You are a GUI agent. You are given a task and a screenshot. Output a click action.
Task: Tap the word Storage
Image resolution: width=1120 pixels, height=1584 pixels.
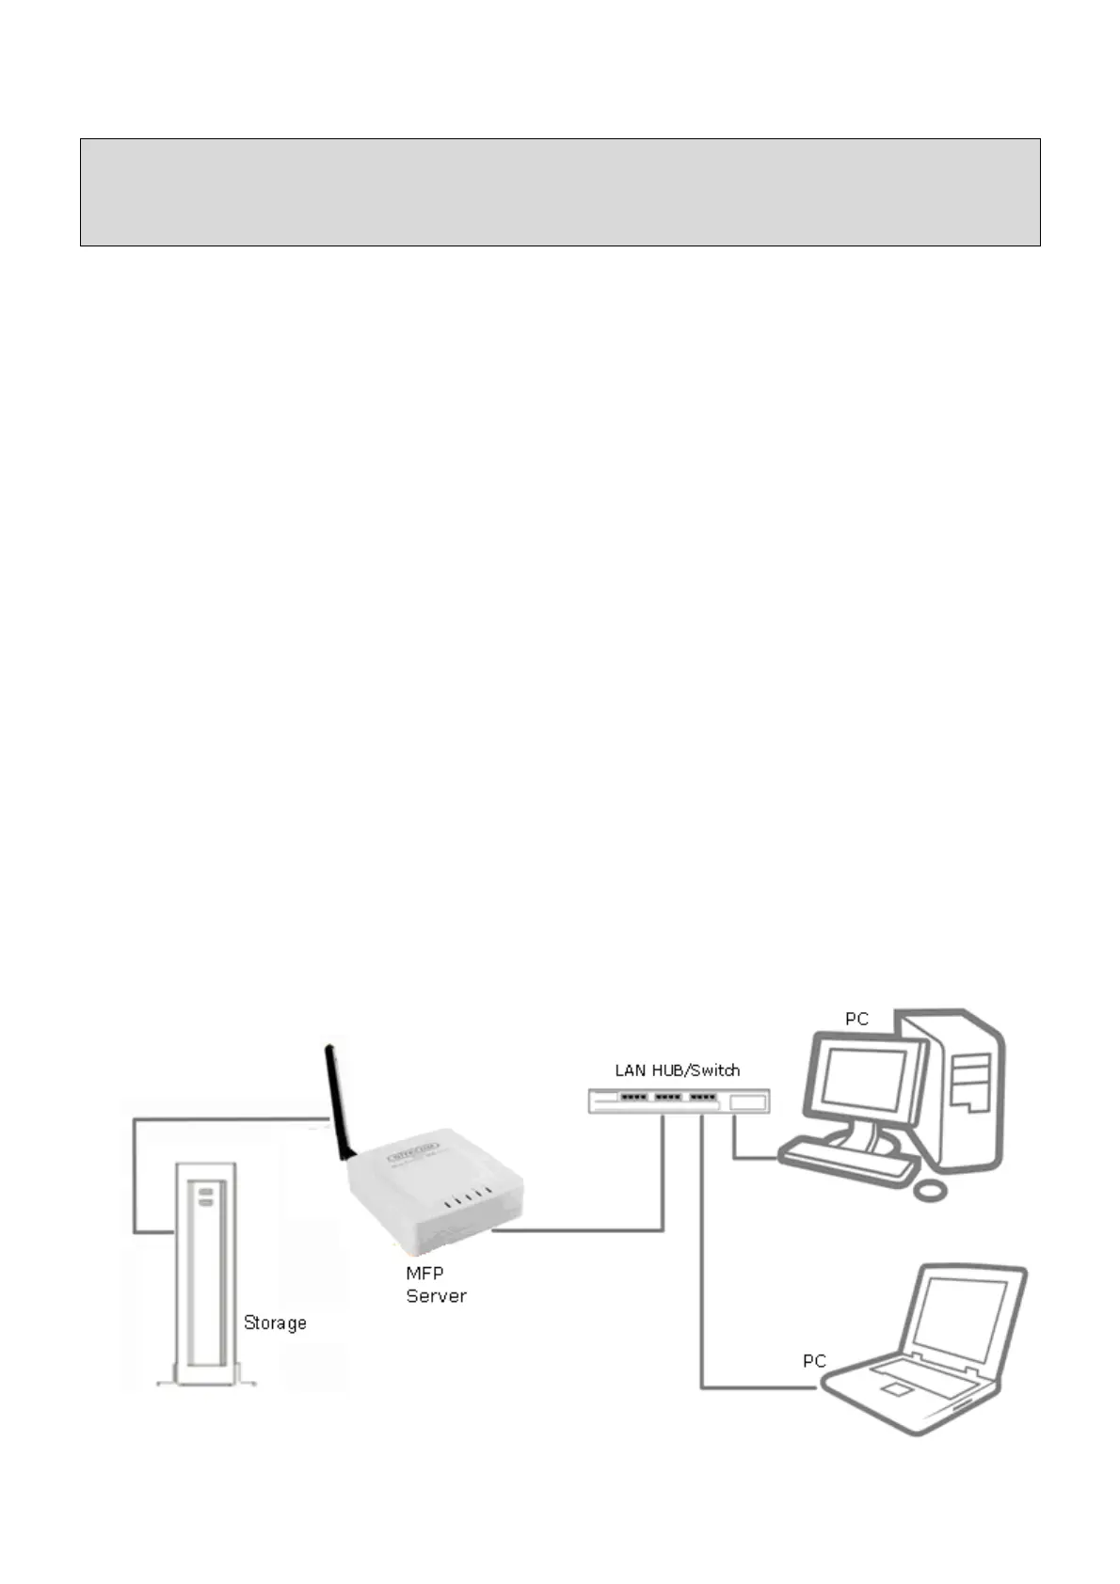275,1323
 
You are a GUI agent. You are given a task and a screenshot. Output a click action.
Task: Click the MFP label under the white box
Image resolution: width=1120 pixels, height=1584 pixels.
424,1273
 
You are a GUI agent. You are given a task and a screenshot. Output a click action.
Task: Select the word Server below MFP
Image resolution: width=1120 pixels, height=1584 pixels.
436,1296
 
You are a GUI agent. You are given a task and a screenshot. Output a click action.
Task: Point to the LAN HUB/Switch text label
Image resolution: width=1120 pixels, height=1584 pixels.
677,1069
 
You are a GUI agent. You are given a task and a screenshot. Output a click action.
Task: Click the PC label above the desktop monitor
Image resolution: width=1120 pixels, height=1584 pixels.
856,1019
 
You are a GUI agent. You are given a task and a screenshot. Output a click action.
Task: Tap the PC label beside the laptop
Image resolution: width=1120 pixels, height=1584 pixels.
814,1361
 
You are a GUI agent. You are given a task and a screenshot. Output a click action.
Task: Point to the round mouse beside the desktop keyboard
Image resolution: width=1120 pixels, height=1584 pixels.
930,1190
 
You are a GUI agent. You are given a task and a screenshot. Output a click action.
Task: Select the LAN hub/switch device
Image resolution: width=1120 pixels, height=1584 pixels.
678,1101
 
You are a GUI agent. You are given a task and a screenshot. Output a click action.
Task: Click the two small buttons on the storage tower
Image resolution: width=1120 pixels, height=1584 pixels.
206,1196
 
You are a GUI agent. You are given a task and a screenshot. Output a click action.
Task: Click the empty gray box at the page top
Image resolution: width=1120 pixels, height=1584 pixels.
559,192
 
